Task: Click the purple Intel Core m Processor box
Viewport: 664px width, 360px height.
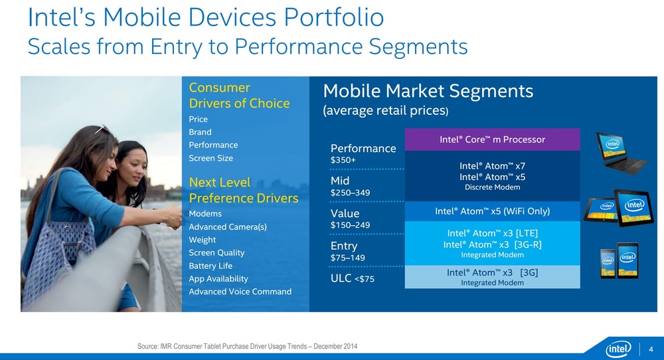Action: [x=492, y=139]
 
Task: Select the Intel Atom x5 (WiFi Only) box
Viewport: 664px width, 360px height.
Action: [x=492, y=211]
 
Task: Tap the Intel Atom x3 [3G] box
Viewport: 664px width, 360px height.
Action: [x=492, y=277]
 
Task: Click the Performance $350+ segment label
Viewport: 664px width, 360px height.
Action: [x=363, y=153]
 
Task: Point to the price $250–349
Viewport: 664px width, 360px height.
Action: [x=350, y=193]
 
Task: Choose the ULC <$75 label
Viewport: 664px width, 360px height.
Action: [x=353, y=278]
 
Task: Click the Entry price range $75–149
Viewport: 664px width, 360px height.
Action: [x=348, y=258]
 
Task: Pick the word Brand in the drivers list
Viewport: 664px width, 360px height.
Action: [x=200, y=132]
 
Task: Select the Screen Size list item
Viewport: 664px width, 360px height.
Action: [x=211, y=158]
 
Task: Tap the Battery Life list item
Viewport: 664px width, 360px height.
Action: [x=210, y=266]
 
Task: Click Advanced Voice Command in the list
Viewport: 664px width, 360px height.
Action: [x=240, y=292]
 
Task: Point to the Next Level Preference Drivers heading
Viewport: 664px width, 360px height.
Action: [x=244, y=190]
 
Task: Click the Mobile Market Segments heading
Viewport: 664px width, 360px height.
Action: [x=428, y=91]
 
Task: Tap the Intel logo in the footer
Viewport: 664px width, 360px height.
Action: [x=618, y=349]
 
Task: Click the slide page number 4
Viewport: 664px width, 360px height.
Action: [x=651, y=349]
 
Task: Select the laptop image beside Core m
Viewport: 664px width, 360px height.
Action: [x=621, y=152]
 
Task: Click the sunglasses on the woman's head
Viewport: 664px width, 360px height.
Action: [x=100, y=128]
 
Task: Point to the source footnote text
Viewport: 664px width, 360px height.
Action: [x=247, y=347]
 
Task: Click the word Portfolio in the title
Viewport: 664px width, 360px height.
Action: [x=334, y=18]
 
